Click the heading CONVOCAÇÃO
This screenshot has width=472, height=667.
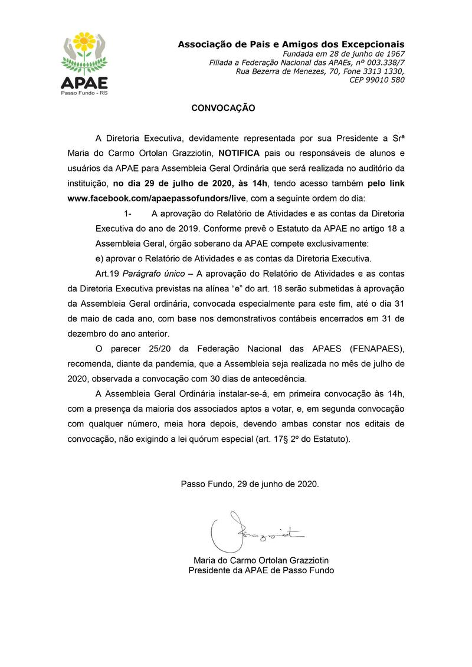tap(223, 109)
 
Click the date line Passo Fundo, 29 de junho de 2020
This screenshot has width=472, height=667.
tap(250, 484)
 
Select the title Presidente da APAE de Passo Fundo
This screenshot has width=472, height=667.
tap(261, 570)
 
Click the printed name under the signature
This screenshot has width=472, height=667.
tap(261, 560)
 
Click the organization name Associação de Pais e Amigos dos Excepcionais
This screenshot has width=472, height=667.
tap(291, 44)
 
